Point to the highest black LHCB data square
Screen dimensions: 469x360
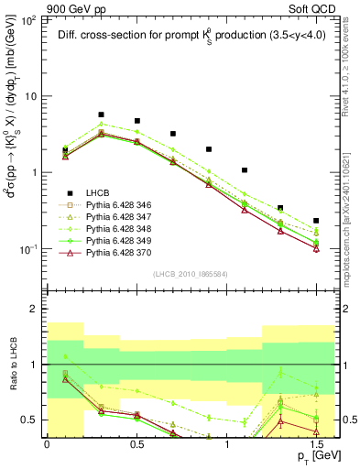101,115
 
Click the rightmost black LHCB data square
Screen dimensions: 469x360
316,221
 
